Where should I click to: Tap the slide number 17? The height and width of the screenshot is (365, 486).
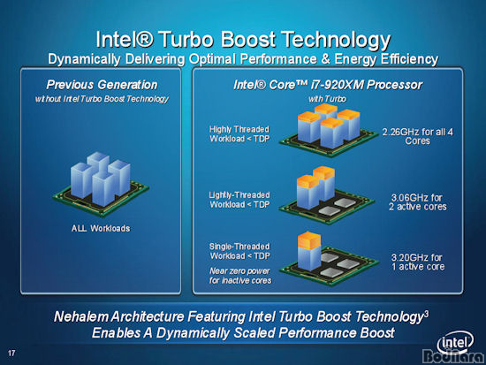click(11, 353)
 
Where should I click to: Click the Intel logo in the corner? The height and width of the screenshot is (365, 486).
click(455, 343)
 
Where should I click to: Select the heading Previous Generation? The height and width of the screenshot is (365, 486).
click(102, 85)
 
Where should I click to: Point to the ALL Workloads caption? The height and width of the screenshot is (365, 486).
click(101, 228)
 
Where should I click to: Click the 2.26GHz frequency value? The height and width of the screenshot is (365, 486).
click(397, 132)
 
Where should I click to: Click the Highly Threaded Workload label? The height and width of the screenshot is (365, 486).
click(239, 134)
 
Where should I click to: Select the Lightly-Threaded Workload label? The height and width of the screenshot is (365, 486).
click(239, 200)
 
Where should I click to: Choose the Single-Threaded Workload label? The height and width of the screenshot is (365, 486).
click(239, 251)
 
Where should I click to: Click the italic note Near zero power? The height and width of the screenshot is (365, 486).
click(239, 271)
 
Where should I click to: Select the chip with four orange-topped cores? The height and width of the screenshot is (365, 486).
click(329, 130)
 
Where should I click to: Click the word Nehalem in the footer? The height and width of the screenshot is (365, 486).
click(81, 316)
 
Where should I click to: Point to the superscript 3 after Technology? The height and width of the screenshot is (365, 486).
click(427, 314)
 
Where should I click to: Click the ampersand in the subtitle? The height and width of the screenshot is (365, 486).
click(325, 59)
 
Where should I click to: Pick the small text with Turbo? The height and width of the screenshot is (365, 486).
click(327, 99)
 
